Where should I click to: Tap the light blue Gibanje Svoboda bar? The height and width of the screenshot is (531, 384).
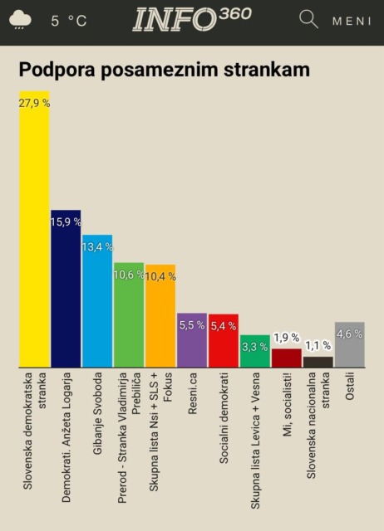97,307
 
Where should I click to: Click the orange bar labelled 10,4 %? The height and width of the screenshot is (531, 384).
160,324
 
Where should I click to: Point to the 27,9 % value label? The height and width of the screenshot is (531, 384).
34,102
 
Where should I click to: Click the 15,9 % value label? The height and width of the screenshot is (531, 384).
66,222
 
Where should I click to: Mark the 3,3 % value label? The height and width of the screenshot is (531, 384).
255,346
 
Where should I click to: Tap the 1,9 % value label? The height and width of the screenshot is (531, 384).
287,338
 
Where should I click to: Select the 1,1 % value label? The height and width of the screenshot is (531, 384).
318,345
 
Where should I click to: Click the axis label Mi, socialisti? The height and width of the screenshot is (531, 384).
287,416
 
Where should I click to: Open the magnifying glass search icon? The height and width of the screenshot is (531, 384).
308,19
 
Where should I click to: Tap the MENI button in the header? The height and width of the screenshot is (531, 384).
352,21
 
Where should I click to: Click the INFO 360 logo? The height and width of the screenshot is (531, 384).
193,20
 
